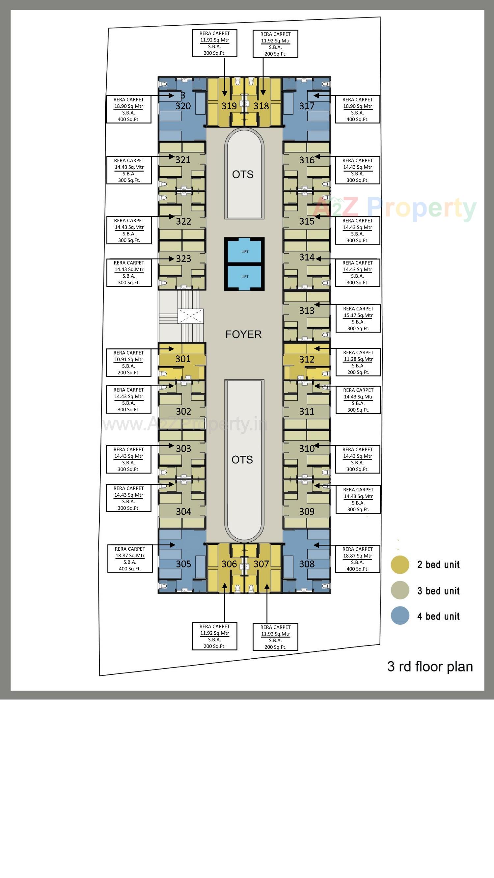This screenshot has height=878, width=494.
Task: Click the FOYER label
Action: pos(243,334)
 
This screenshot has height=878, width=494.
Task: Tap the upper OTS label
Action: pos(243,175)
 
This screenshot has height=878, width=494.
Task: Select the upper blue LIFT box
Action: pos(244,252)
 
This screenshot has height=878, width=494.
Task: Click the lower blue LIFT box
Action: pos(244,276)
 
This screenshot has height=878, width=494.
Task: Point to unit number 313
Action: pos(307,311)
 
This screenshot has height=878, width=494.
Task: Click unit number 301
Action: pos(183,359)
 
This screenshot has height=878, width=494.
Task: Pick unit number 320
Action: pos(183,106)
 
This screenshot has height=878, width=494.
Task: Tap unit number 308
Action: pos(307,564)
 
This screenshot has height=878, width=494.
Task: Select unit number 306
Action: pos(229,564)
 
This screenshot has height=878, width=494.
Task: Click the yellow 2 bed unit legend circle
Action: pos(400,565)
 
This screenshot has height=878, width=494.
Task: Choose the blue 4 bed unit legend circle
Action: pos(400,616)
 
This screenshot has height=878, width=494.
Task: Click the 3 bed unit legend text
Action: pos(438,591)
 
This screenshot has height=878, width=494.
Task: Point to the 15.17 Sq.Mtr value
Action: pos(358,315)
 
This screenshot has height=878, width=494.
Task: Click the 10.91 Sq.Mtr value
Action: pos(128,359)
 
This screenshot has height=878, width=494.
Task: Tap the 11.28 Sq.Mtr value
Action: pos(358,359)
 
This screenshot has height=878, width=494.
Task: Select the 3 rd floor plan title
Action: pos(430,667)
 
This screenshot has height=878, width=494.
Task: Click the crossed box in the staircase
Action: pos(191,316)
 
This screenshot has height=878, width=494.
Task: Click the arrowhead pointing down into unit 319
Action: pos(225,94)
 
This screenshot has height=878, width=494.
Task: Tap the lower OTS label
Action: pos(242,460)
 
